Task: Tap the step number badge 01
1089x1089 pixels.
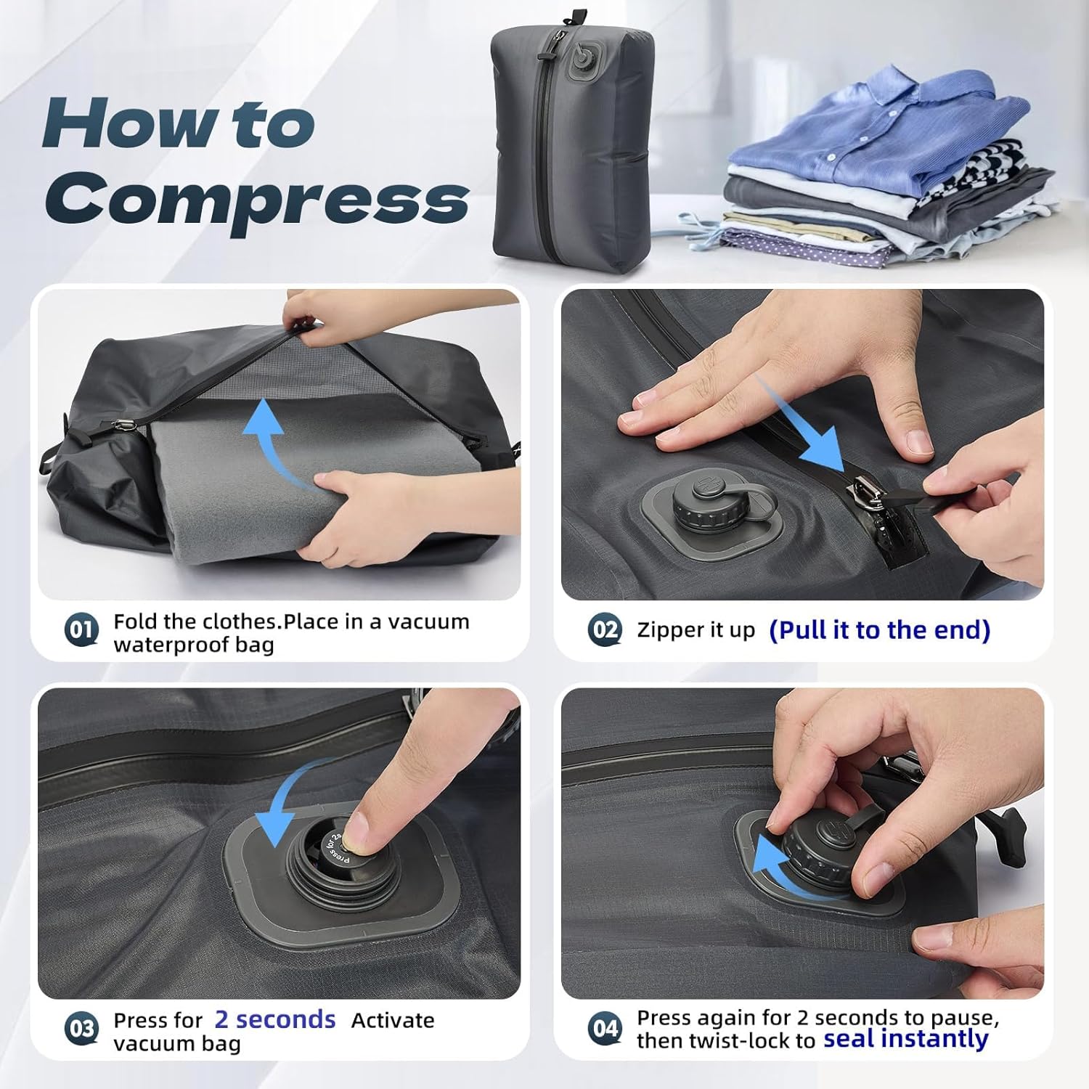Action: [81, 629]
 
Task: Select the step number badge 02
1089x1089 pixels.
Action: [605, 629]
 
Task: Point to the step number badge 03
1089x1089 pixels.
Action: [81, 1028]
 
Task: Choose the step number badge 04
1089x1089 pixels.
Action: [605, 1028]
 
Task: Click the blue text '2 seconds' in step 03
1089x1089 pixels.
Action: [275, 1019]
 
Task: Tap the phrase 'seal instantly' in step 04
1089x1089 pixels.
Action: [906, 1039]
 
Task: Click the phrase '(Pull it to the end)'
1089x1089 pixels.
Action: [880, 630]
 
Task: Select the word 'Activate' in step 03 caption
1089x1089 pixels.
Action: [393, 1020]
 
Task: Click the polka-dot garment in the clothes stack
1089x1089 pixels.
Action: [799, 245]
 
